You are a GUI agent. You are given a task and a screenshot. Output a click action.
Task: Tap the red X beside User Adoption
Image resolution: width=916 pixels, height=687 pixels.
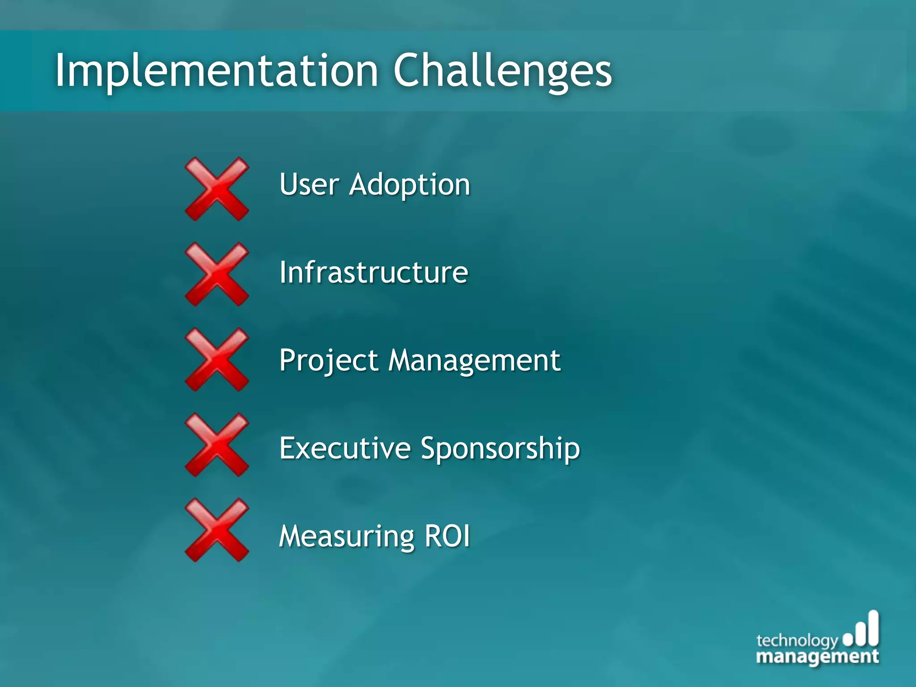tap(217, 189)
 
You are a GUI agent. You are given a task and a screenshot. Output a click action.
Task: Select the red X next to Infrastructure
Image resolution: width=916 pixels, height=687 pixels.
tap(217, 274)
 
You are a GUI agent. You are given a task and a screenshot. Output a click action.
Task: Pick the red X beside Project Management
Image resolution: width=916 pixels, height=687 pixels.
tap(217, 360)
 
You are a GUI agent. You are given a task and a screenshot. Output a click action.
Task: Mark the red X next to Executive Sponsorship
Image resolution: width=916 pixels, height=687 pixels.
tap(217, 445)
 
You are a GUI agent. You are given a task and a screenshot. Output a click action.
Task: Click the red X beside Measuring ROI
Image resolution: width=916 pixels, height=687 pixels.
tap(217, 530)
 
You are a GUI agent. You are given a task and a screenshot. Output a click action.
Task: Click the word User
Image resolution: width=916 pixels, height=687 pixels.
tap(309, 184)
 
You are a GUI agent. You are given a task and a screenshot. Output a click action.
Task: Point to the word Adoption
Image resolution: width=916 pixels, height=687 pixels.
tap(410, 185)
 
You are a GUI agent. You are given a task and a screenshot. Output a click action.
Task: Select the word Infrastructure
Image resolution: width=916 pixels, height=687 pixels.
tap(373, 272)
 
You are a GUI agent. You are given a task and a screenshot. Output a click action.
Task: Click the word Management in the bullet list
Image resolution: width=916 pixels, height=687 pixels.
tap(474, 360)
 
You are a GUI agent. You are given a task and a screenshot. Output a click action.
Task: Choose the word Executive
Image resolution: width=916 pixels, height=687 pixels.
tap(345, 448)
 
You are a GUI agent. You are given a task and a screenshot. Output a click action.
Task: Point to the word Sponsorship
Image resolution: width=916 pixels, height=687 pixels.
tap(500, 449)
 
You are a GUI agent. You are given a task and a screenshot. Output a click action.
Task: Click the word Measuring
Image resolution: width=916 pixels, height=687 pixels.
tap(347, 536)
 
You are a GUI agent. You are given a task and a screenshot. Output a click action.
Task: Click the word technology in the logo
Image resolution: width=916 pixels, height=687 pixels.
tap(797, 641)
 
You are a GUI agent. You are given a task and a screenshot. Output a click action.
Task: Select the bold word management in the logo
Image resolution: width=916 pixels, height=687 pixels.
tap(817, 657)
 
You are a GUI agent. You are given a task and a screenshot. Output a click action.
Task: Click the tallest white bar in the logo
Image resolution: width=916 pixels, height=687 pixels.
tap(873, 628)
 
